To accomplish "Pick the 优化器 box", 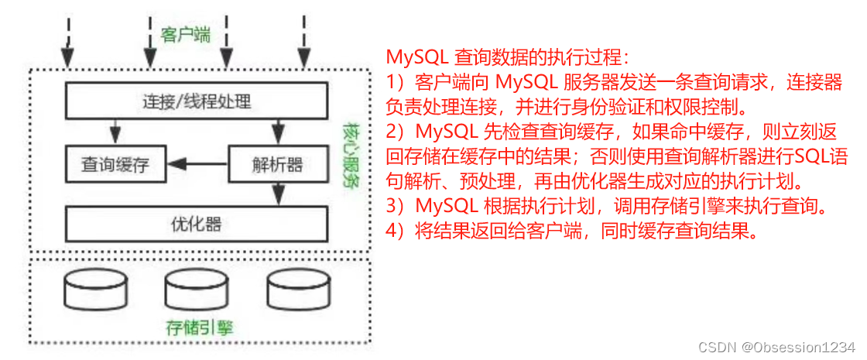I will (x=197, y=225).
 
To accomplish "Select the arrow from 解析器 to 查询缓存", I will (x=198, y=164).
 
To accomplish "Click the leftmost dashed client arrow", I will (x=68, y=43).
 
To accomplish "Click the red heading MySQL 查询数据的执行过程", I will (x=508, y=58).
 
